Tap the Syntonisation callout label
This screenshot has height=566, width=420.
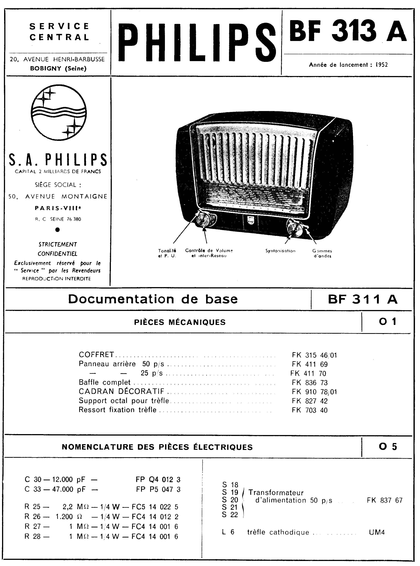[x=280, y=251]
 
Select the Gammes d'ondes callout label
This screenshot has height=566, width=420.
[x=322, y=253]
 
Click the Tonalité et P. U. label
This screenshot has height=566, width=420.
[x=167, y=253]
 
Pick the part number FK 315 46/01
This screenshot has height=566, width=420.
[x=314, y=355]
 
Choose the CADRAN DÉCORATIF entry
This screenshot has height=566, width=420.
[x=121, y=391]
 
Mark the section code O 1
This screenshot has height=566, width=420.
[x=387, y=322]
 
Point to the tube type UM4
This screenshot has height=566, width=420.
[x=377, y=532]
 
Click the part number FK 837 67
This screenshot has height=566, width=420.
[x=384, y=500]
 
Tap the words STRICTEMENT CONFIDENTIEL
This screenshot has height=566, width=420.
[x=57, y=249]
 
